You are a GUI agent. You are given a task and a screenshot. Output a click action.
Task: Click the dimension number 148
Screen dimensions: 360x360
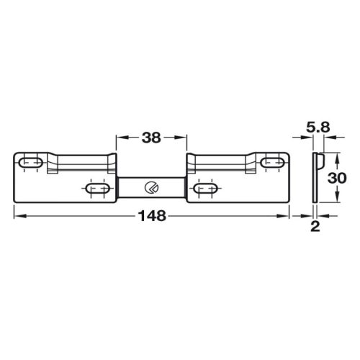152,215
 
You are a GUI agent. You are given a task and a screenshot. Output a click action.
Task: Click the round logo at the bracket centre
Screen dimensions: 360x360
151,188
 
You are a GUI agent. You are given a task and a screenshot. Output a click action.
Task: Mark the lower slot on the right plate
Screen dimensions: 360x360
206,189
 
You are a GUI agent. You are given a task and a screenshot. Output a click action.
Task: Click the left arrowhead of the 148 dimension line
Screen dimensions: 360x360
17,215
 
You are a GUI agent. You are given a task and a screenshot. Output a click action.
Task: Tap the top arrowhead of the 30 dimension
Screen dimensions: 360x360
322,156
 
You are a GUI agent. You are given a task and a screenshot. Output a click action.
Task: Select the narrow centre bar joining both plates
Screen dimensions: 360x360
151,188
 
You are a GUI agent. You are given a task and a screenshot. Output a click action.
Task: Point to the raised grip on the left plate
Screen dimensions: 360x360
83,161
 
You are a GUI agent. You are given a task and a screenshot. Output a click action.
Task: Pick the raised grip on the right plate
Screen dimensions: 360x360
220,161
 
